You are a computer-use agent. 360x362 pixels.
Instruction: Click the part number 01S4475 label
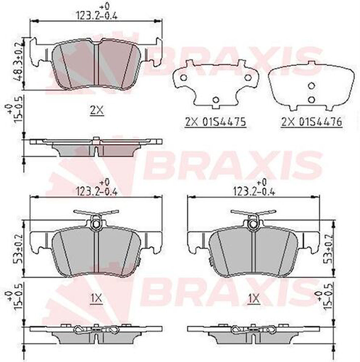tap(215, 122)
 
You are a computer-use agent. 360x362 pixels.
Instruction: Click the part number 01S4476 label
tap(311, 122)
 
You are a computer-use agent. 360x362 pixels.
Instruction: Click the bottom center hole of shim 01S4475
tap(216, 100)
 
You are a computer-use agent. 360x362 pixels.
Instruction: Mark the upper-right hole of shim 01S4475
tap(248, 78)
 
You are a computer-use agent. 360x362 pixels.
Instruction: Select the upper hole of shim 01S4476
tap(311, 86)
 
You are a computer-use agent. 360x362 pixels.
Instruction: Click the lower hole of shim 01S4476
tap(311, 99)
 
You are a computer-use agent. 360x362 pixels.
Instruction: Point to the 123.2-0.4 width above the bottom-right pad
tap(254, 192)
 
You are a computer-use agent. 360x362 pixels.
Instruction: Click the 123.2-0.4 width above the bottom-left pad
tap(97, 192)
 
